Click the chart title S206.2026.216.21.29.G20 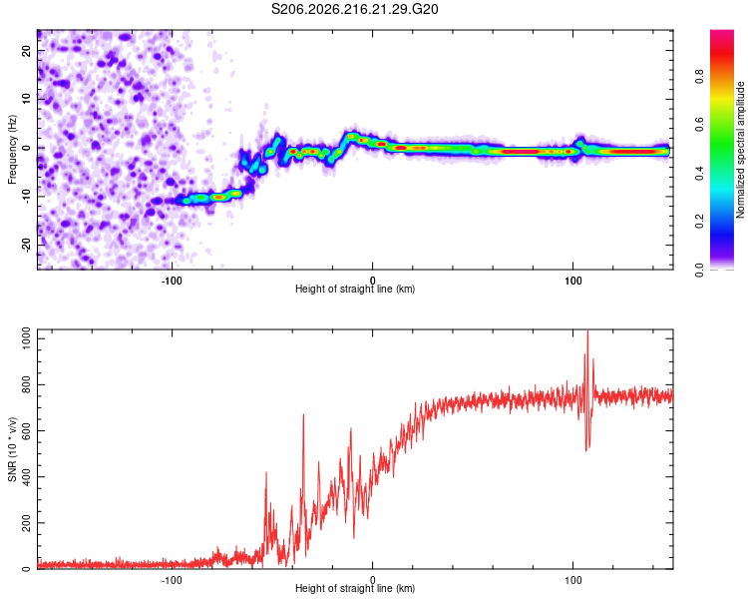[x=354, y=9]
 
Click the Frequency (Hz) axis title [x=12, y=150]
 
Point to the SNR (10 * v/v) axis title [x=12, y=449]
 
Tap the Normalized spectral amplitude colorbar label [x=740, y=150]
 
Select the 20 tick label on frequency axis [x=26, y=51]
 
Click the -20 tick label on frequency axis [x=26, y=245]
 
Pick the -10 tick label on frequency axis [x=26, y=197]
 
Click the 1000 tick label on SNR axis [x=27, y=338]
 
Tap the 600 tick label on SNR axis [x=27, y=431]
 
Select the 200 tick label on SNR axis [x=27, y=523]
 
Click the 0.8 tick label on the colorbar [x=699, y=77]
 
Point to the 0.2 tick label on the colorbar [x=699, y=222]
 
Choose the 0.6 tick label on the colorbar [x=699, y=125]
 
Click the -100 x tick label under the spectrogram [x=172, y=281]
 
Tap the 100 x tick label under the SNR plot [x=572, y=580]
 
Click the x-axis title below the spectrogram [x=355, y=289]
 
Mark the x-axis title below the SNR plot [x=355, y=588]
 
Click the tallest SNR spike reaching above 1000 [x=587, y=331]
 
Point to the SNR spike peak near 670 [x=303, y=414]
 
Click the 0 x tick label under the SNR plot [x=373, y=580]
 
